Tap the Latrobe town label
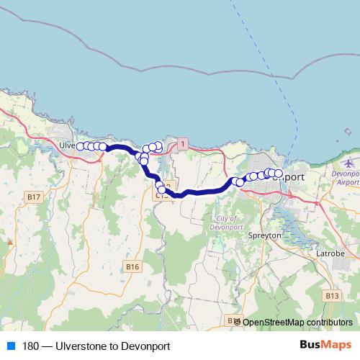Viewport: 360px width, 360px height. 330,253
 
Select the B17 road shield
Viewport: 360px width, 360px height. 33,197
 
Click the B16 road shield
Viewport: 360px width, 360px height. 131,267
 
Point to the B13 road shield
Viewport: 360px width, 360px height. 331,295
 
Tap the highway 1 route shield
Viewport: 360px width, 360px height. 184,145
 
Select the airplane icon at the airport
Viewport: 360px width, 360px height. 351,163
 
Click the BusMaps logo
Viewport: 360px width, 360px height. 321,346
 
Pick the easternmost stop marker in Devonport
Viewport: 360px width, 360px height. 278,174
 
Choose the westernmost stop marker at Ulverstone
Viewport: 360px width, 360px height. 81,146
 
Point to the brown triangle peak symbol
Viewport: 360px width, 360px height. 10,243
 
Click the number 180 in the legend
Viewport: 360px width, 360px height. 32,346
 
